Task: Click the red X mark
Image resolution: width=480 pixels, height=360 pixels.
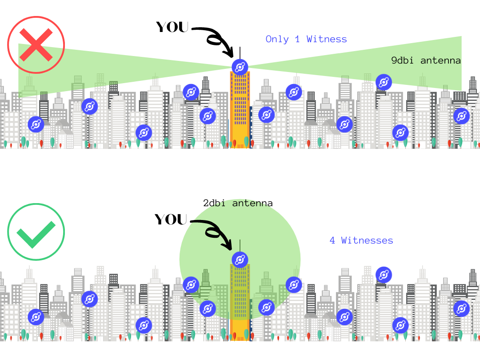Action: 36,45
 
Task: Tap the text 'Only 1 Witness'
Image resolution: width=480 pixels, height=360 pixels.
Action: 306,39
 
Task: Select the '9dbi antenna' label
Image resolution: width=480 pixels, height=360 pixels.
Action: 426,60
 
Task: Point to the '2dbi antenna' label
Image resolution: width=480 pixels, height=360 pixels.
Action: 238,204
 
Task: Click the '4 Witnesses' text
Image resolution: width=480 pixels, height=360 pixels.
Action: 361,240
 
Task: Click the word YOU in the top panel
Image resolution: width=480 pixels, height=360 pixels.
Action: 172,27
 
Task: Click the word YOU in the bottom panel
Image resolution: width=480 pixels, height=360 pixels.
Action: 172,220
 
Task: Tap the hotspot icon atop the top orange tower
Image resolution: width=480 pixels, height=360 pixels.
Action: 240,67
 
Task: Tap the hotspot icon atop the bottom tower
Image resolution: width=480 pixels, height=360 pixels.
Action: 240,260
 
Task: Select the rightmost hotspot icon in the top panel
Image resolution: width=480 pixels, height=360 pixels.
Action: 462,116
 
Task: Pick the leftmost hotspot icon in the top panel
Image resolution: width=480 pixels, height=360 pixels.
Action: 36,124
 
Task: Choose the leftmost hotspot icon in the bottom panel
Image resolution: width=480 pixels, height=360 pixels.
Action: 36,316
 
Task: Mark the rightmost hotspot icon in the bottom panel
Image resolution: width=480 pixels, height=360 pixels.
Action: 462,308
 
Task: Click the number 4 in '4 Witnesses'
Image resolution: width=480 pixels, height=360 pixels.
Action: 332,240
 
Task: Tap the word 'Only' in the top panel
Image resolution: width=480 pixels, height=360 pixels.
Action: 277,39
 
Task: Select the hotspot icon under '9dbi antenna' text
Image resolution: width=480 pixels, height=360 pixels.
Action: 384,82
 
